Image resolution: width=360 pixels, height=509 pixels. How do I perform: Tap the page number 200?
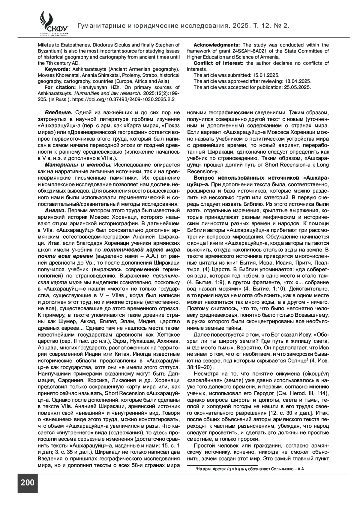click(x=27, y=483)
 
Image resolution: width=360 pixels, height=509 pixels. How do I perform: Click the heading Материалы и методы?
click(x=79, y=165)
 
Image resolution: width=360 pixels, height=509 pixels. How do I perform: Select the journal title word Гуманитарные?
click(x=100, y=26)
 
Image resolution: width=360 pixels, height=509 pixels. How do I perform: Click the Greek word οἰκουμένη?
click(x=316, y=373)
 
